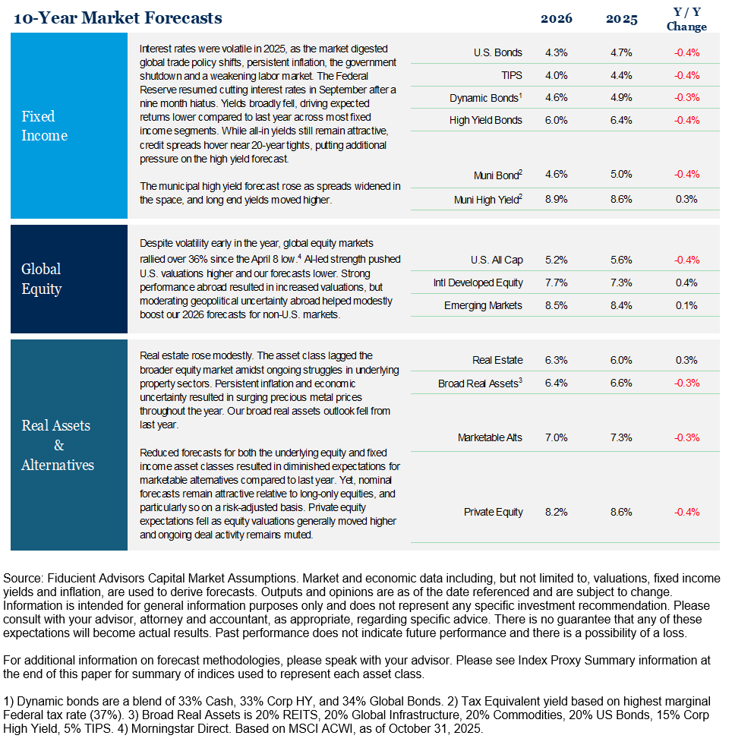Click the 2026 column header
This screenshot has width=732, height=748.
(x=557, y=18)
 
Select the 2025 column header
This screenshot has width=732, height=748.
(x=621, y=18)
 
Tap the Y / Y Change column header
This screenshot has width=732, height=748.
(x=686, y=19)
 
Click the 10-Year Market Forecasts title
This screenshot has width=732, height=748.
(x=118, y=17)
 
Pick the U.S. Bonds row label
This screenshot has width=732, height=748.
(x=497, y=53)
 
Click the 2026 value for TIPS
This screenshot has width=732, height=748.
(x=557, y=76)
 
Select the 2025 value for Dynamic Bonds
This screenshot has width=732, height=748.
(x=621, y=98)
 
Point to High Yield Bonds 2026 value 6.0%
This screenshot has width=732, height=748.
(x=557, y=120)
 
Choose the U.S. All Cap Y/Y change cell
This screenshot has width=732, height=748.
(x=686, y=260)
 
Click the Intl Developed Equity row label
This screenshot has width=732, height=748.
(x=478, y=283)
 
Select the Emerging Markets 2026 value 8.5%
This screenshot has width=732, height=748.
(x=557, y=305)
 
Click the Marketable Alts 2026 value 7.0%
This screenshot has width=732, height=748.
(x=557, y=438)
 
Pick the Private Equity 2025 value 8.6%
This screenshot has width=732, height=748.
(x=621, y=513)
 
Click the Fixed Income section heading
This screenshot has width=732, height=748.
(x=44, y=126)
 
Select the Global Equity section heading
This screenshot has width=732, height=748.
(x=42, y=279)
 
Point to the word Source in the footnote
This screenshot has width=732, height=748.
(x=21, y=579)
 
